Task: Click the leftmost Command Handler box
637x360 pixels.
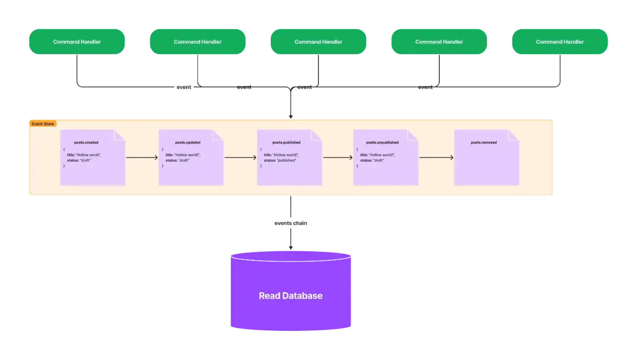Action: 77,42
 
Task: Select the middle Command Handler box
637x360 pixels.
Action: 318,42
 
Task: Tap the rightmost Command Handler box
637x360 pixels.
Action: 559,42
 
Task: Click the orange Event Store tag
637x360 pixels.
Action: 43,124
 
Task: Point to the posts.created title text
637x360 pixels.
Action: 86,142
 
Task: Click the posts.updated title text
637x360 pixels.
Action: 188,142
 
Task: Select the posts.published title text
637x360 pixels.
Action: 286,142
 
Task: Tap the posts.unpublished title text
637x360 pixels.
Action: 382,142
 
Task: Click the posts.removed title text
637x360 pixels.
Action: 483,142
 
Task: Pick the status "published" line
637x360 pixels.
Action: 280,160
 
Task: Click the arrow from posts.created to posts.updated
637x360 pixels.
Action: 142,158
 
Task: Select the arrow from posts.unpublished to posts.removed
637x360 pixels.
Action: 436,158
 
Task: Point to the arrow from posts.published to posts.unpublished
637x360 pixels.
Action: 337,158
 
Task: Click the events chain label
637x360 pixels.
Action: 291,223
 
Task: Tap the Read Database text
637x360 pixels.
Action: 291,296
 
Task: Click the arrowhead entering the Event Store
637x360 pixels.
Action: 291,117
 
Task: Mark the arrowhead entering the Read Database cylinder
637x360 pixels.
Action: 291,248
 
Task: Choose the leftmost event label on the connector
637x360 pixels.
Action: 184,87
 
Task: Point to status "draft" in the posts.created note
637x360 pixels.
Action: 79,160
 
